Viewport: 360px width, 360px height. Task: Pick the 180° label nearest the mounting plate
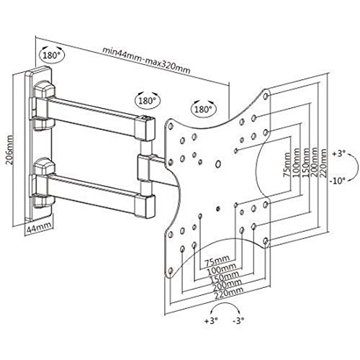202,109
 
